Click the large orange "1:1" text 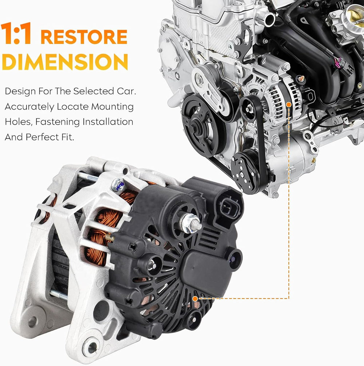click(x=16, y=33)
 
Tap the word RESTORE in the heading click(x=84, y=37)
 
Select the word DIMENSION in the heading click(x=65, y=62)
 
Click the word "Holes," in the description click(x=19, y=122)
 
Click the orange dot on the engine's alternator click(x=289, y=105)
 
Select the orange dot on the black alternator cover click(x=195, y=299)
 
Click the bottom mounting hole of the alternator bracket click(x=92, y=347)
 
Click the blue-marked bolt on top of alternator click(x=118, y=185)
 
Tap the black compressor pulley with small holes click(x=245, y=172)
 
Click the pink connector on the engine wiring click(x=337, y=62)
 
